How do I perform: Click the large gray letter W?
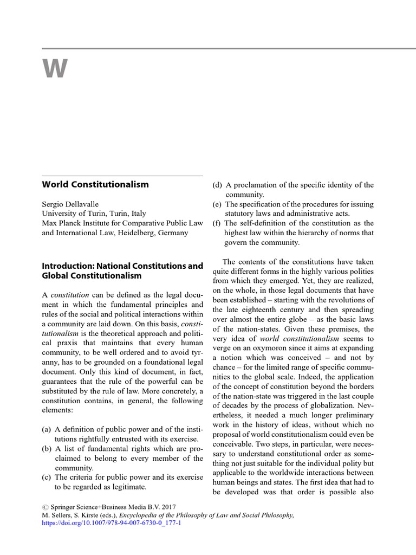coord(55,69)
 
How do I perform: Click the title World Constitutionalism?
coord(95,184)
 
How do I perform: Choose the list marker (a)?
coord(47,429)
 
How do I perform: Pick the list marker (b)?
coord(47,449)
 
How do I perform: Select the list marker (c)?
coord(47,477)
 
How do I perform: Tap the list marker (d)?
coord(218,185)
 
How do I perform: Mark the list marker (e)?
coord(217,204)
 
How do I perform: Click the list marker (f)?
coord(217,223)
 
